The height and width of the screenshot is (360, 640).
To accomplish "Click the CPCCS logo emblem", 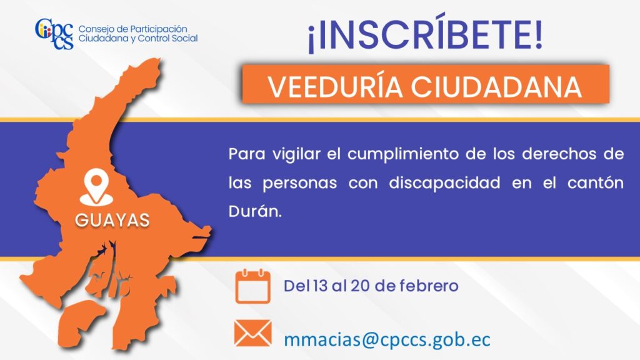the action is (54, 34).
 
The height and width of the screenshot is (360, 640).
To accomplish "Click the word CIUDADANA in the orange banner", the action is (496, 86).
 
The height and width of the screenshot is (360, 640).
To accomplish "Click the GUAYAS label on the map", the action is (112, 220).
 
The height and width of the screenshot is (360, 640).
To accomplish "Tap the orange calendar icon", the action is (252, 286).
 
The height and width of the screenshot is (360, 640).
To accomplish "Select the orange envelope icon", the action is (252, 333).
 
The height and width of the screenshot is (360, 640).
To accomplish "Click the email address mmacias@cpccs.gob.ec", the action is (387, 339).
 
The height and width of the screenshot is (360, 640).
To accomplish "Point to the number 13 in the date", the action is (320, 286).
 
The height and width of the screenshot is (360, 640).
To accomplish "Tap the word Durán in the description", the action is (255, 211).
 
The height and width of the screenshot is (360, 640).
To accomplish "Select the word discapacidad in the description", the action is (444, 182).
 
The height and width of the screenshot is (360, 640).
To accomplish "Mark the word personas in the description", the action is (299, 183).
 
